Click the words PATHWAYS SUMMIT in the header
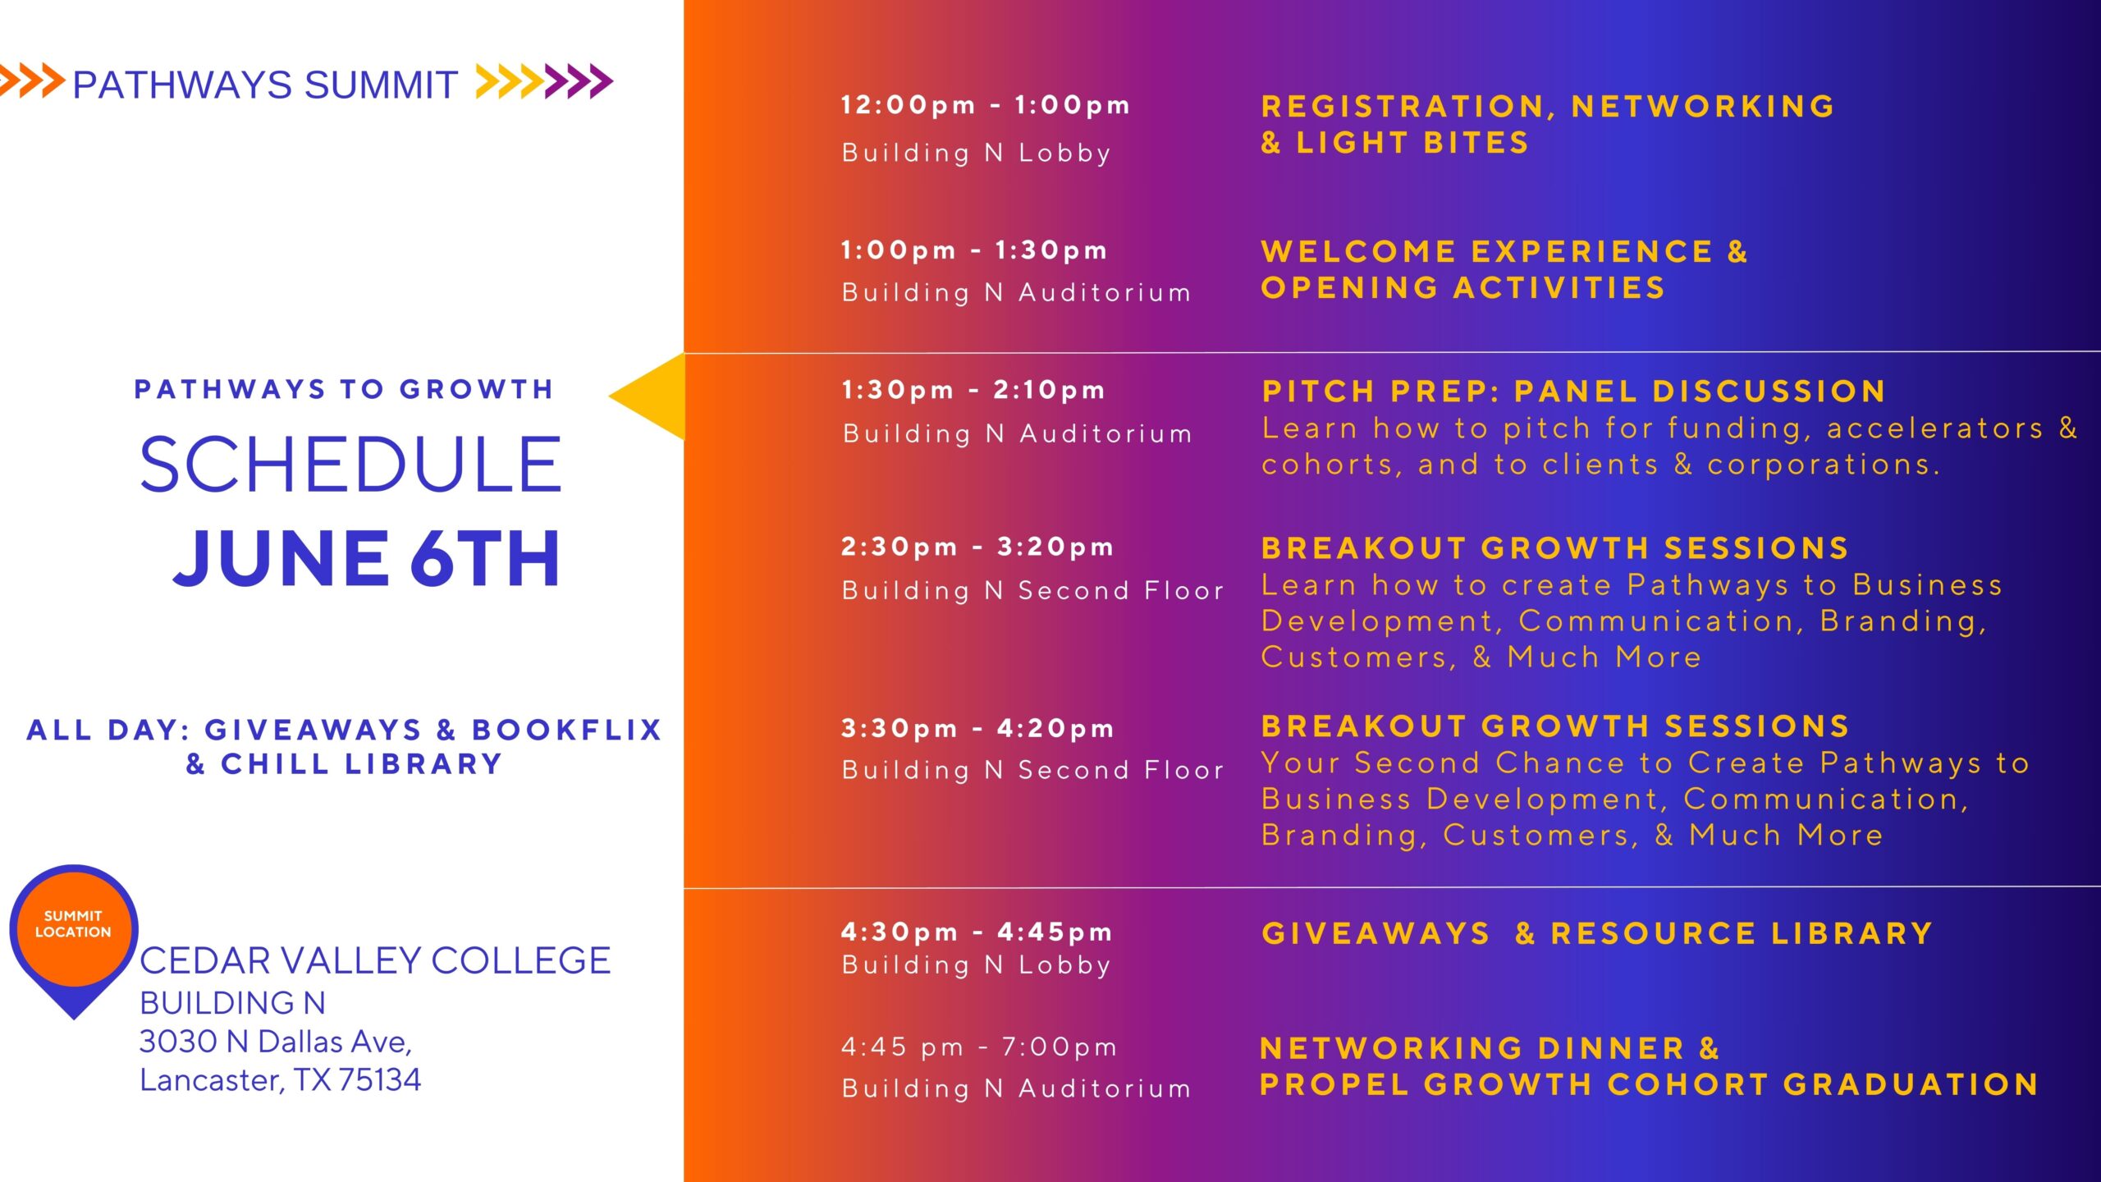pyautogui.click(x=265, y=85)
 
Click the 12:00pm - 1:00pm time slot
pyautogui.click(x=986, y=105)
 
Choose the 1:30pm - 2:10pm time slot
pyautogui.click(x=974, y=390)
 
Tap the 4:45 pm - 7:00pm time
pyautogui.click(x=979, y=1047)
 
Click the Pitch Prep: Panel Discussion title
pyautogui.click(x=1573, y=392)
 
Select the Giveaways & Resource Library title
pyautogui.click(x=1597, y=933)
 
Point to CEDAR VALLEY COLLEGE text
pyautogui.click(x=375, y=960)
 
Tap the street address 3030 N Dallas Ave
pyautogui.click(x=276, y=1042)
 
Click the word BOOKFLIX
pyautogui.click(x=567, y=730)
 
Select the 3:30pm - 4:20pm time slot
pyautogui.click(x=977, y=728)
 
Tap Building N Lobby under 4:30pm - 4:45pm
pyautogui.click(x=977, y=965)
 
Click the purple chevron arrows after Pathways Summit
pyautogui.click(x=579, y=81)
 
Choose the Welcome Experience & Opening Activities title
pyautogui.click(x=1504, y=269)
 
